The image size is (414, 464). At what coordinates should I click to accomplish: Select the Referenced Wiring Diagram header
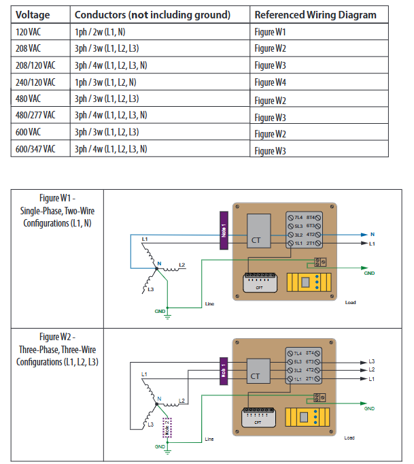[x=315, y=14]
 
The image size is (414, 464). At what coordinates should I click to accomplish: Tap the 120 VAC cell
[x=30, y=31]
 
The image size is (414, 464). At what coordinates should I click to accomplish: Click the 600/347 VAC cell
[x=35, y=148]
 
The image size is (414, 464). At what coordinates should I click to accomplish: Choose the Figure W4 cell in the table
[x=271, y=82]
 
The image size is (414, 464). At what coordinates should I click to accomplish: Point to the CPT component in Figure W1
[x=259, y=281]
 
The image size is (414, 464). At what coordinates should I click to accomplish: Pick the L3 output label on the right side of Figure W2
[x=371, y=361]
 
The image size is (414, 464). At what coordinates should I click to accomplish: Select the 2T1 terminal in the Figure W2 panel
[x=313, y=378]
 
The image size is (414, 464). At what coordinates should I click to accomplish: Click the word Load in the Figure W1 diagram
[x=350, y=303]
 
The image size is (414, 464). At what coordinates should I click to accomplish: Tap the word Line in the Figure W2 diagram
[x=209, y=439]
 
